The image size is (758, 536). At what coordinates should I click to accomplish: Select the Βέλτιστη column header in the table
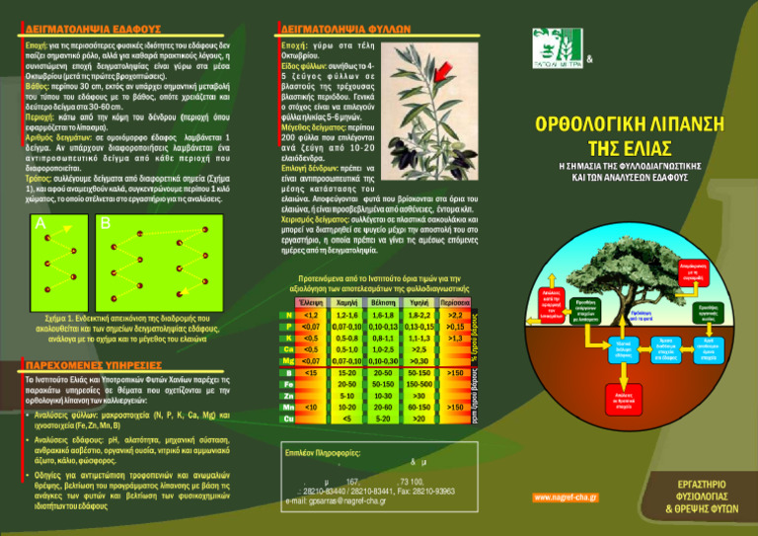(x=383, y=300)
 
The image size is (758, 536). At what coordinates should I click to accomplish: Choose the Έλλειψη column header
(x=310, y=300)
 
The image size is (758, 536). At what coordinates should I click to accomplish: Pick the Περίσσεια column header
(x=457, y=300)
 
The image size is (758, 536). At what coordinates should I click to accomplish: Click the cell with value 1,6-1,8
(x=383, y=314)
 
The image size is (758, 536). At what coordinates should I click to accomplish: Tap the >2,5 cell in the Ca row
(x=419, y=349)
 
